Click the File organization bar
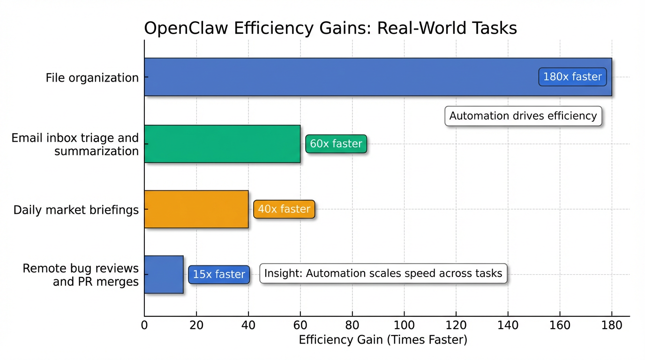[x=328, y=77]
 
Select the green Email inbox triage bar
[x=222, y=144]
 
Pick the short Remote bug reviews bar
[x=164, y=274]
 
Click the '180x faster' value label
[x=572, y=77]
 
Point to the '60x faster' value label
[x=336, y=144]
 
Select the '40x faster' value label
[x=284, y=209]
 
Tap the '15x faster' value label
[x=219, y=274]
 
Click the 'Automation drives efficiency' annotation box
[x=523, y=116]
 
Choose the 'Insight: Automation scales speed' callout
[x=383, y=273]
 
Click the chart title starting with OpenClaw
[x=330, y=28]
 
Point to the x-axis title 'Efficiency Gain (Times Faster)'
[x=383, y=340]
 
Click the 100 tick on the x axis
[x=404, y=325]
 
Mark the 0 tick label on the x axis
[x=144, y=325]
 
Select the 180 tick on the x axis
[x=612, y=325]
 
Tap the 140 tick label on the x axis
[x=508, y=325]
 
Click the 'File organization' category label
[x=92, y=78]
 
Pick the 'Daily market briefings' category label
[x=76, y=210]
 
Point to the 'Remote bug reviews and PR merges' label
[x=81, y=275]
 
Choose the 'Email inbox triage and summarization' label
[x=75, y=144]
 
